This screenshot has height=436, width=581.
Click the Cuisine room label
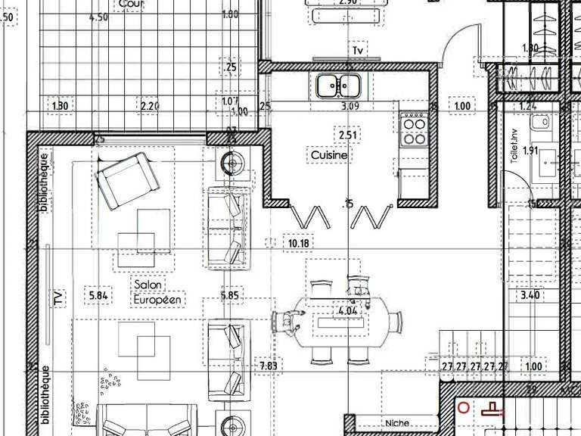(329, 155)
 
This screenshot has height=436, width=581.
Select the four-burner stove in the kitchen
(414, 129)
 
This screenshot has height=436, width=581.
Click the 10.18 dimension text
(299, 243)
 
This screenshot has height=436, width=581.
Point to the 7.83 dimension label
(269, 366)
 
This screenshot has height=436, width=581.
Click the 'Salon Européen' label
(158, 292)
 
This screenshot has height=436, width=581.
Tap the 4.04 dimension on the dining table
(348, 311)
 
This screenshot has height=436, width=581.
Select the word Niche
(396, 423)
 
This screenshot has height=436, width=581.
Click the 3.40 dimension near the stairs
(530, 295)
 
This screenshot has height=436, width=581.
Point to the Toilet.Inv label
(514, 145)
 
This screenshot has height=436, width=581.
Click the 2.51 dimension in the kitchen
(347, 135)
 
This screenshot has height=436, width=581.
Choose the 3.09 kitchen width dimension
(350, 107)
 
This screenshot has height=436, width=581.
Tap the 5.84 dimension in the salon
(100, 295)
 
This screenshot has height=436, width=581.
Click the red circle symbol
(464, 409)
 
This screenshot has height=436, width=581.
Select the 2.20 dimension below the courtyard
(150, 106)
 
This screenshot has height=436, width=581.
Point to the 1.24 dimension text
(528, 107)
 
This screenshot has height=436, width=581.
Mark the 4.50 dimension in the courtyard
(98, 17)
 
